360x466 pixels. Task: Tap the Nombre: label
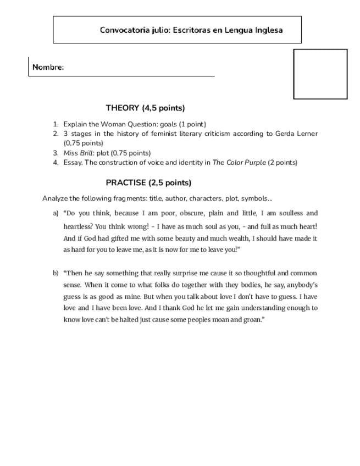(48, 68)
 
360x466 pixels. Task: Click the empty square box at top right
(320, 74)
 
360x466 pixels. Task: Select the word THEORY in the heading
(123, 108)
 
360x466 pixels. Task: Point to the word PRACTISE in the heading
(126, 183)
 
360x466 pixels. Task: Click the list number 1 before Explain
(56, 124)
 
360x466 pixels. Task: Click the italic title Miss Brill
(77, 153)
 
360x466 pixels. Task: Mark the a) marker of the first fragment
(56, 213)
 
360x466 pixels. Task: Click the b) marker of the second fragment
(56, 273)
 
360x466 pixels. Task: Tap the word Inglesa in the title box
(269, 30)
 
